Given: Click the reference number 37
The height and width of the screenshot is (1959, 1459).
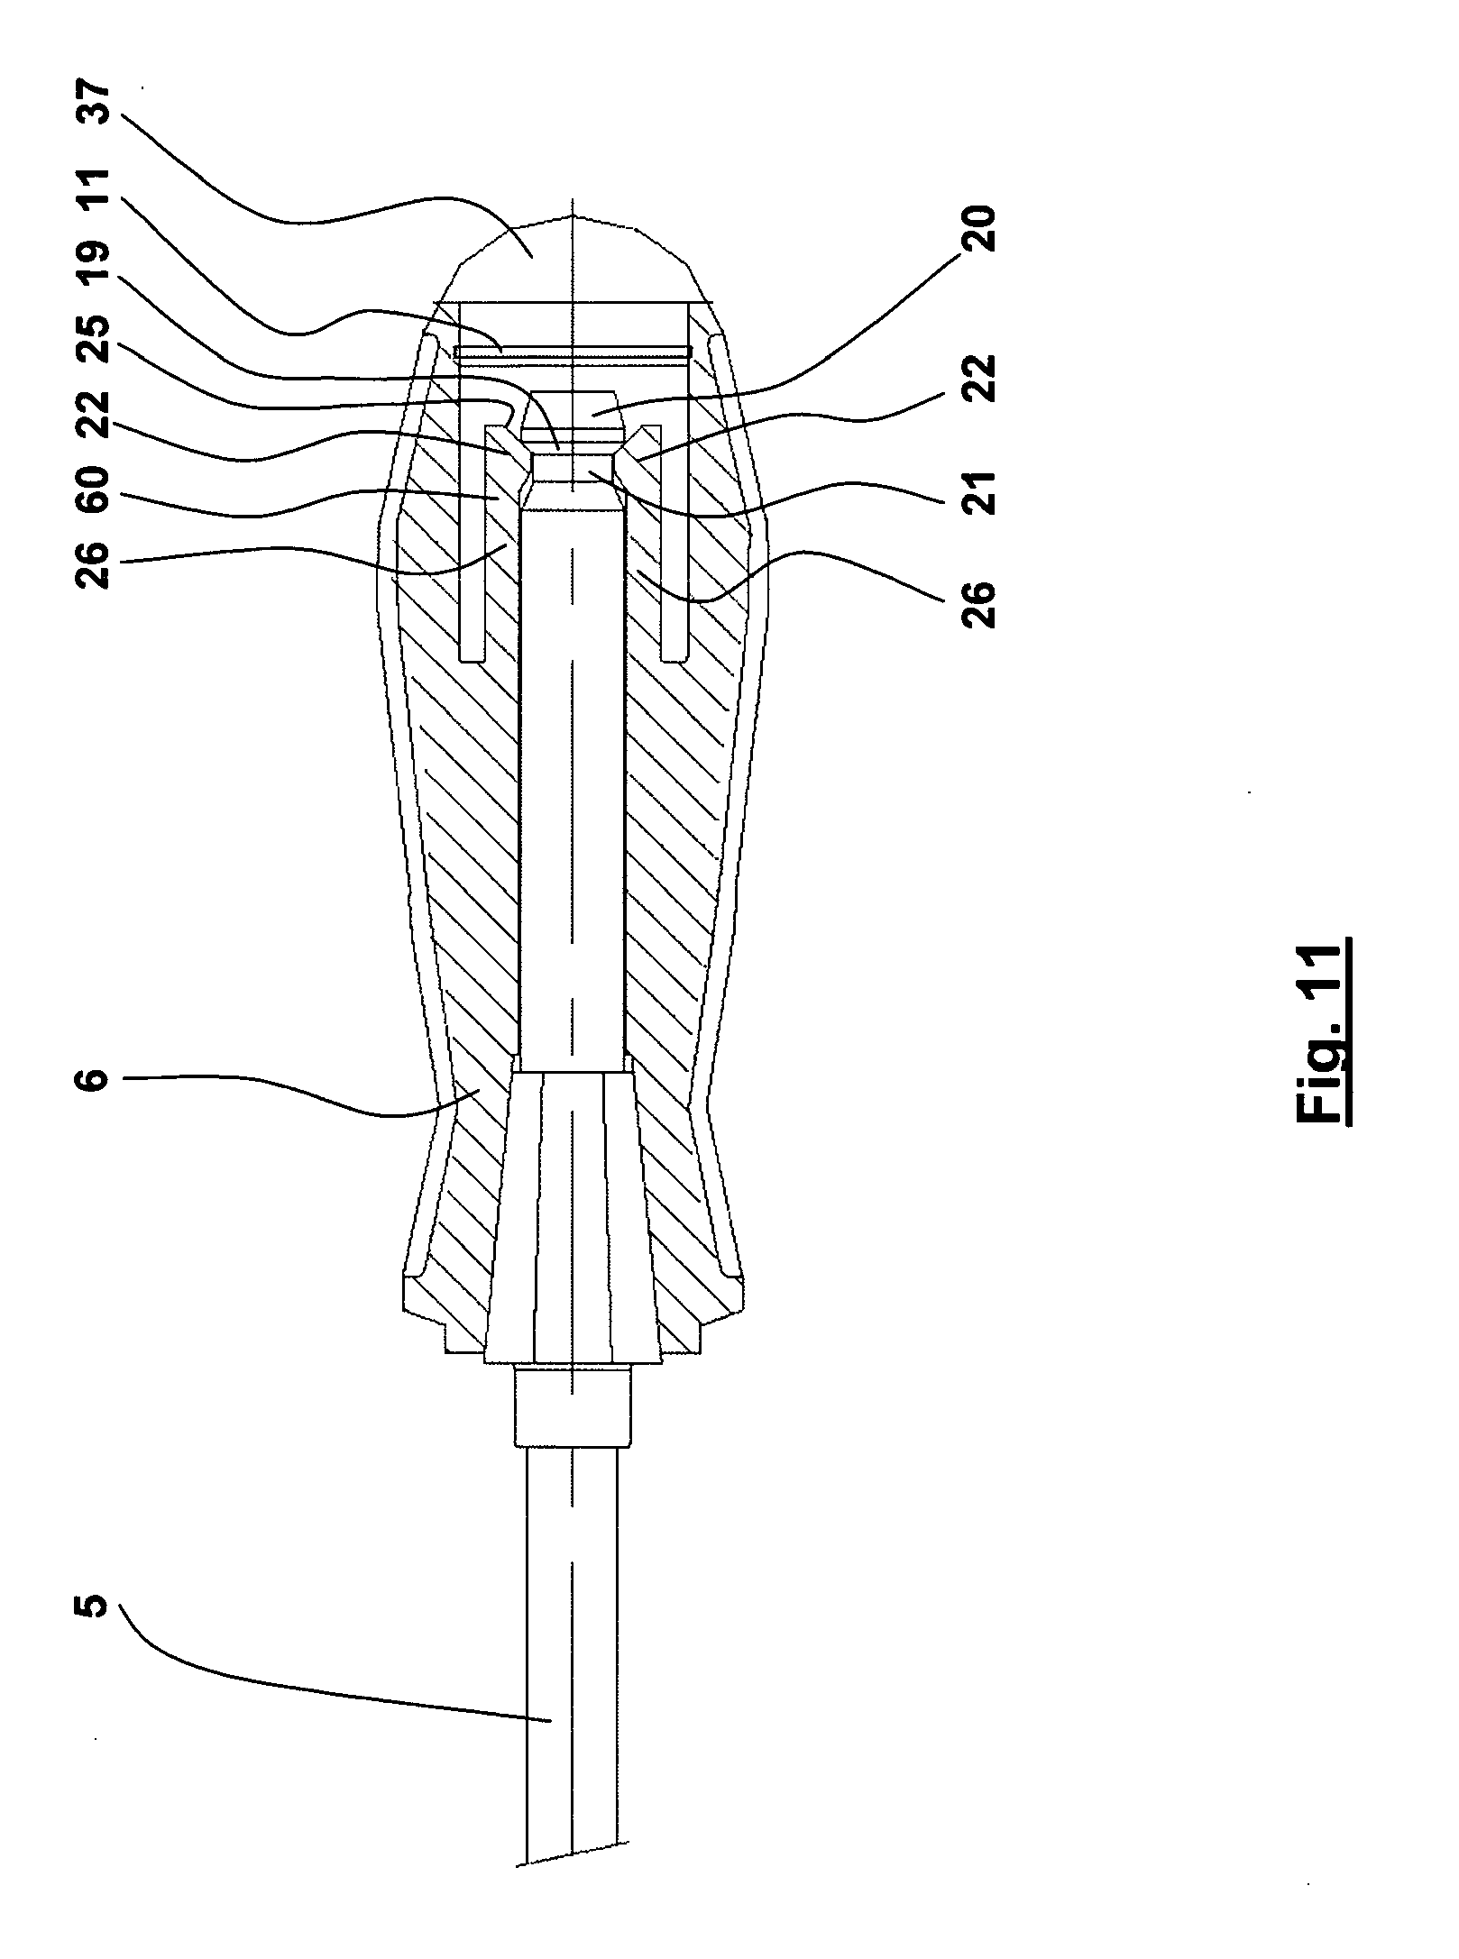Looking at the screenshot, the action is tap(96, 108).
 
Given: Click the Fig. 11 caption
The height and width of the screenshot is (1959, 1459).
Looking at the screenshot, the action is tap(1324, 1033).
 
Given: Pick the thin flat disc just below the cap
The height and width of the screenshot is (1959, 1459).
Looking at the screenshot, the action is tap(574, 352).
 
